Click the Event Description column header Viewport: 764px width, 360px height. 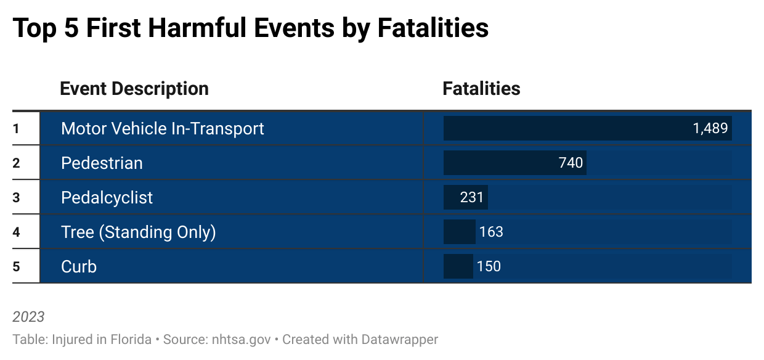pyautogui.click(x=134, y=89)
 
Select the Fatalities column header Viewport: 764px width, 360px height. pyautogui.click(x=481, y=89)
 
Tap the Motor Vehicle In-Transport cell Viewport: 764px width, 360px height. pyautogui.click(x=162, y=129)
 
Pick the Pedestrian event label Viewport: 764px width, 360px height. pyautogui.click(x=102, y=163)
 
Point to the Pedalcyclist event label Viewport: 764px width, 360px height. pyautogui.click(x=107, y=198)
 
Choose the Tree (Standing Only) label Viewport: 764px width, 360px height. pyautogui.click(x=138, y=232)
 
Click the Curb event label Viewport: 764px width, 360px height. pyautogui.click(x=79, y=267)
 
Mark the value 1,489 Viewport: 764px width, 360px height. pyautogui.click(x=710, y=129)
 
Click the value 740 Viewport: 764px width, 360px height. pyautogui.click(x=571, y=163)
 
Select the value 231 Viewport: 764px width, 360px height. pyautogui.click(x=473, y=198)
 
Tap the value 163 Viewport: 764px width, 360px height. pyautogui.click(x=491, y=232)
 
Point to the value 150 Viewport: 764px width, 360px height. pyautogui.click(x=489, y=267)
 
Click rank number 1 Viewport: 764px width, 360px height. pyautogui.click(x=17, y=129)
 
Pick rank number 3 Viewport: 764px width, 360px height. pyautogui.click(x=17, y=198)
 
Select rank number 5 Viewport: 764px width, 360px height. pyautogui.click(x=17, y=267)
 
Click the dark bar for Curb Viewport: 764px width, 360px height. pyautogui.click(x=458, y=267)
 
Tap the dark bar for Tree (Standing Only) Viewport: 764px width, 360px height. pyautogui.click(x=459, y=232)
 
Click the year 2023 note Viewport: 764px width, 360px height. pyautogui.click(x=28, y=317)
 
